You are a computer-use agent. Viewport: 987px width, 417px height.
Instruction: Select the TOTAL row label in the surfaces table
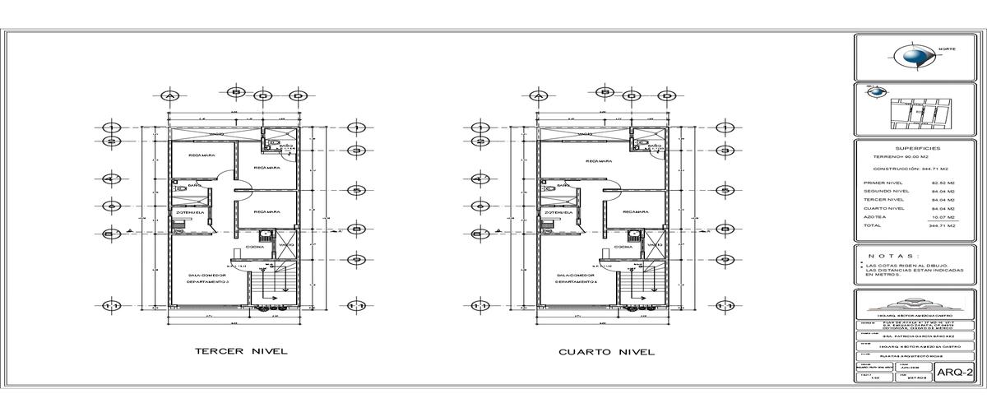pyautogui.click(x=873, y=225)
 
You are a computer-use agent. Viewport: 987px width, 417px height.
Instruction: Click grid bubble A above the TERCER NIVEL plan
pyautogui.click(x=170, y=96)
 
